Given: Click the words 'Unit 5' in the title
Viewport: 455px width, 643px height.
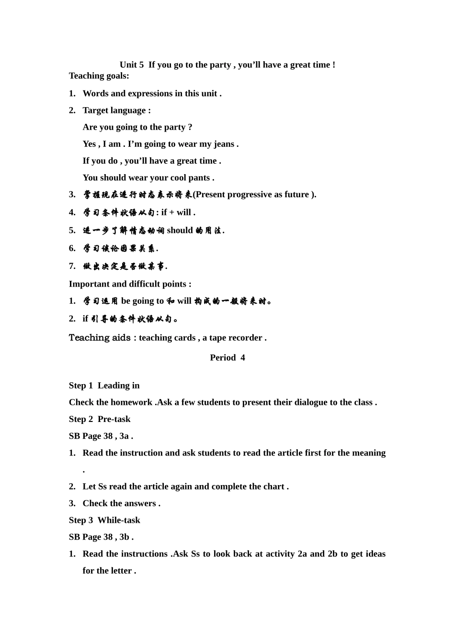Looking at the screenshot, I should (131, 65).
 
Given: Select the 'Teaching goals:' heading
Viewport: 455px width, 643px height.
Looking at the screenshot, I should (99, 76).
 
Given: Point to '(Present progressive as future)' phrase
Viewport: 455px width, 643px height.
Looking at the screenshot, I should (254, 195).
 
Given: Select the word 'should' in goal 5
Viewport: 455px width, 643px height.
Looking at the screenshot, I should (180, 231).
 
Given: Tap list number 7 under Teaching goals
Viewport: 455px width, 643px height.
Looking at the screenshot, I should (72, 266).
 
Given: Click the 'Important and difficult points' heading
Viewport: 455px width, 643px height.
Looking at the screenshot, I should (129, 284).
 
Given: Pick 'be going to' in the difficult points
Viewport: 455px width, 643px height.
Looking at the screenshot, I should (142, 301).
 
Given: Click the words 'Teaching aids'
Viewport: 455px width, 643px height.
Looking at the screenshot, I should (100, 338).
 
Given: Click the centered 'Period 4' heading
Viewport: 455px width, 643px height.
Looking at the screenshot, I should (227, 358).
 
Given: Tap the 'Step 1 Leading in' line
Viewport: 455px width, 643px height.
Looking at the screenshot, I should (104, 386).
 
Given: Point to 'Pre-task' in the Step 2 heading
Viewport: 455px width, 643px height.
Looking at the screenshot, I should (114, 419).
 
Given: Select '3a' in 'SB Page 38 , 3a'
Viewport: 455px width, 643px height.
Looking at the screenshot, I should (124, 436).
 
